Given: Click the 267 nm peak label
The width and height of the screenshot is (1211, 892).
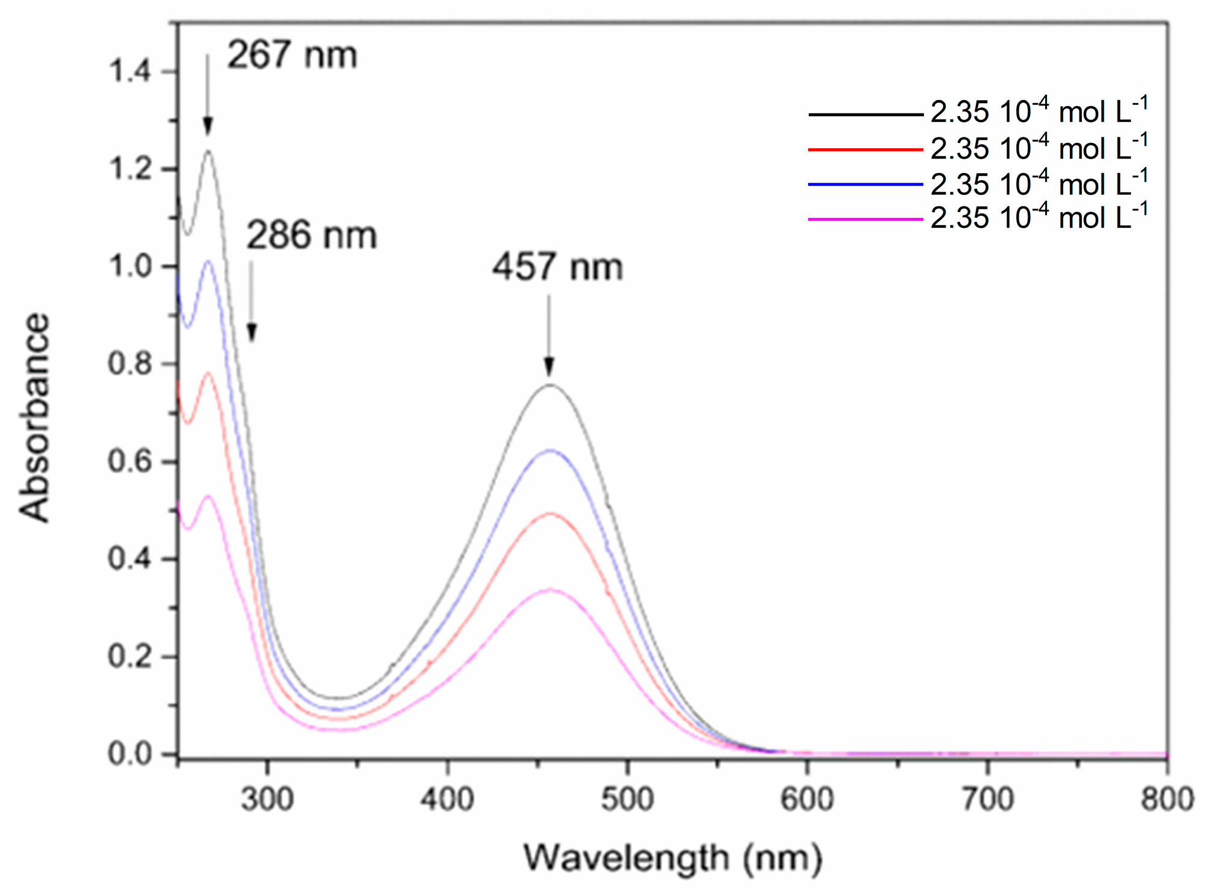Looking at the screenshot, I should point(292,55).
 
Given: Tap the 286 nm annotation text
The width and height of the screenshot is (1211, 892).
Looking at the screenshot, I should point(311,235).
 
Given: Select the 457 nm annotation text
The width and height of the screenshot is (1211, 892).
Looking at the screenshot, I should point(557,267).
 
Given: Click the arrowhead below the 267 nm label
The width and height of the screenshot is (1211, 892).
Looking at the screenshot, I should point(207,127).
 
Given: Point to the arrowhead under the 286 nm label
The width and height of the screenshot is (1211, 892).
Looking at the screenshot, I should point(251,332).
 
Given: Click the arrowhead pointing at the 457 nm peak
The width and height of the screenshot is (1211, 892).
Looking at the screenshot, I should point(549,367).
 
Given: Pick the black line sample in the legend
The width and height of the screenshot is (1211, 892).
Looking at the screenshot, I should point(865,114).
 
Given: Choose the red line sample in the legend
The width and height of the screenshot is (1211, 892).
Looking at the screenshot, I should point(865,149).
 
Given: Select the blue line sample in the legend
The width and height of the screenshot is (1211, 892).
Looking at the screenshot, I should point(865,184).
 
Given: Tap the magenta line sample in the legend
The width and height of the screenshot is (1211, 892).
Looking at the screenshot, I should point(865,219).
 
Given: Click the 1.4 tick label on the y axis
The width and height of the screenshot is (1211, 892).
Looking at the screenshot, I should point(129,72).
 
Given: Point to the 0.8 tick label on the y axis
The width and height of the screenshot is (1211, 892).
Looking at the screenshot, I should point(129,364).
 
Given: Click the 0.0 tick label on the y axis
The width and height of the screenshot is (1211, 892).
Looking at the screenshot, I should point(129,754).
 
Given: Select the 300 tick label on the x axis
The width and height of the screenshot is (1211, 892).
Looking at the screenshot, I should point(267,800).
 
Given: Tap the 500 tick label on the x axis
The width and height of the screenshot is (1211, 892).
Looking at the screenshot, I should point(627,800).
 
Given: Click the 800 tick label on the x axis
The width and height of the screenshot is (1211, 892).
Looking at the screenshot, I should point(1167,800).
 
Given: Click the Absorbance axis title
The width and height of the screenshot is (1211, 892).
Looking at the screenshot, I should point(34,417).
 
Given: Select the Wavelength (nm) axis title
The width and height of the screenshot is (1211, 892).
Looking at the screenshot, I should point(672,858).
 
